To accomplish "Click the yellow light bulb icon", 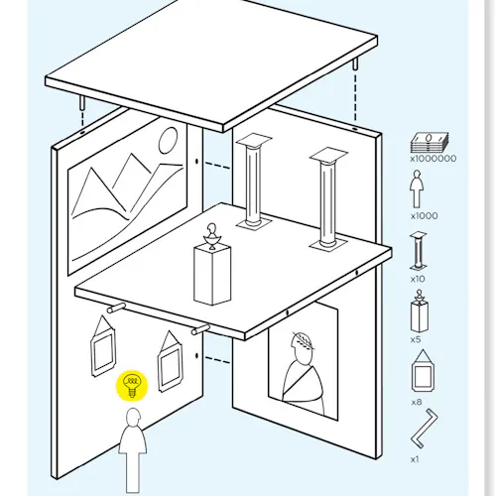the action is tap(132, 385).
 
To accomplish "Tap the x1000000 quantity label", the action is tap(434, 159).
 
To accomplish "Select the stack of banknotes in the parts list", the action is tap(430, 143).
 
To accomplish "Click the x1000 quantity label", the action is tap(425, 216).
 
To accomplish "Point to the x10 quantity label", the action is tap(418, 279).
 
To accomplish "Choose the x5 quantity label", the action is tap(416, 339).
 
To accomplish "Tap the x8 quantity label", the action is tap(417, 402).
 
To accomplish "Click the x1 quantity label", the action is tap(415, 459).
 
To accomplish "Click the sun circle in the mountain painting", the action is tap(168, 140).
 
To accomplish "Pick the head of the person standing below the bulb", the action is tap(134, 418).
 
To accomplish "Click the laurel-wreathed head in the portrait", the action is tap(302, 346).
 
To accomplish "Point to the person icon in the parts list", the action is tap(417, 188).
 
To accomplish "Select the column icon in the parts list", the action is tap(418, 251).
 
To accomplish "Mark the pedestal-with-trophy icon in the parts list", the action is tap(420, 310).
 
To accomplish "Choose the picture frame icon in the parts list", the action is tap(423, 371).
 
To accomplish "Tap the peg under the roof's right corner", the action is tap(355, 64).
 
